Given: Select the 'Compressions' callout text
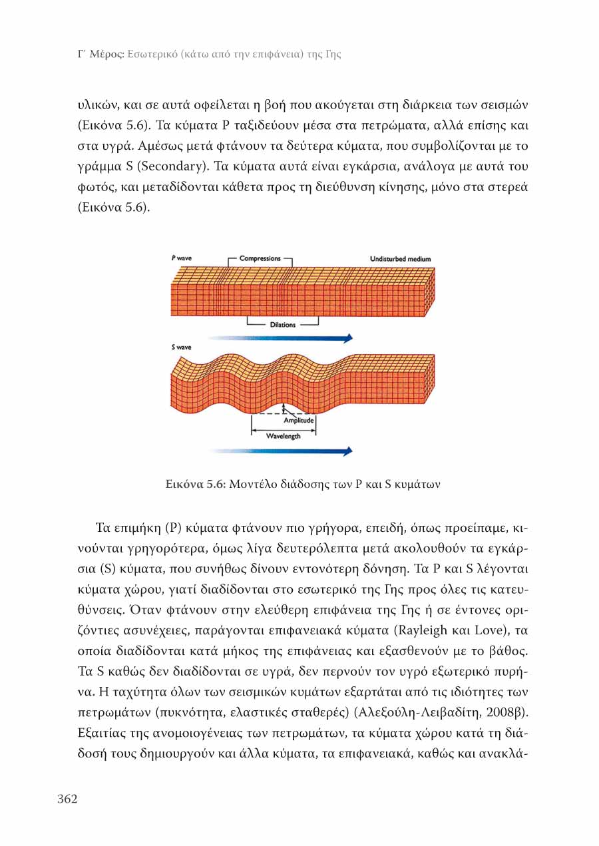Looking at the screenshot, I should [260, 258].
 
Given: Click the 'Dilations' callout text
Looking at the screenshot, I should [283, 325].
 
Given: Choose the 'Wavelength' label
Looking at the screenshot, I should [284, 437].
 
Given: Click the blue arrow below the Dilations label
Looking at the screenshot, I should [280, 338].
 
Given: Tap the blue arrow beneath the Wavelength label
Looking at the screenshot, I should [280, 451].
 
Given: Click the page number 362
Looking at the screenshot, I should [67, 799].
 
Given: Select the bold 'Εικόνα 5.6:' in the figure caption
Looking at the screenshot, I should [196, 485].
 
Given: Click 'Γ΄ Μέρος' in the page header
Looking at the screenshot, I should [99, 54].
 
